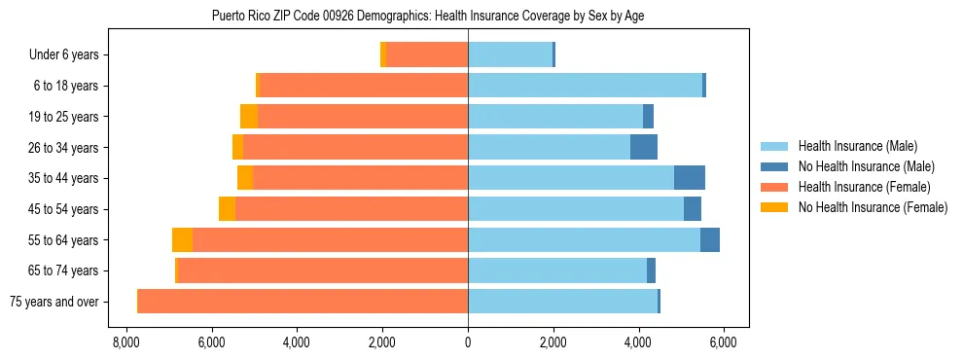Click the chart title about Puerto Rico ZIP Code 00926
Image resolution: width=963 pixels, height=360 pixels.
427,16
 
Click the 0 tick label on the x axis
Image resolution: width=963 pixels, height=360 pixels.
468,342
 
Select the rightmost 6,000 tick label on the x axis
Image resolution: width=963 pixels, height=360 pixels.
724,342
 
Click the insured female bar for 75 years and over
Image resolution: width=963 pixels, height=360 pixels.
303,302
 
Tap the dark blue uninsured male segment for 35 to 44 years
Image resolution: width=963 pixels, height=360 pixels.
690,178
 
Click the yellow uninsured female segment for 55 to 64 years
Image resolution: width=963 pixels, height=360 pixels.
182,240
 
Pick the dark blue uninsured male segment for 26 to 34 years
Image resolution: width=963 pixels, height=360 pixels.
644,147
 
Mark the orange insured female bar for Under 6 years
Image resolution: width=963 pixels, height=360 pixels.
427,55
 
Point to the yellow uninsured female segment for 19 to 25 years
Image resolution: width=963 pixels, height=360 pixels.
249,117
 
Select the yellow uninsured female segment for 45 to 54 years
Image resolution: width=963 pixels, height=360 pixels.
227,209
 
